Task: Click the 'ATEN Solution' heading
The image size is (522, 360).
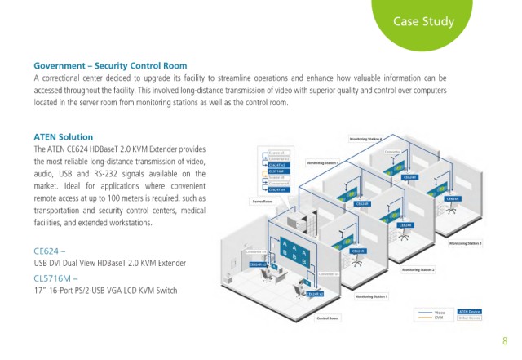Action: click(x=63, y=136)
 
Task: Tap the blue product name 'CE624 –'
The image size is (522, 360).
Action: click(x=51, y=251)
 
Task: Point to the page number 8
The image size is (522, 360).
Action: click(x=505, y=341)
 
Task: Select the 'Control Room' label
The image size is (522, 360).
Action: click(x=327, y=318)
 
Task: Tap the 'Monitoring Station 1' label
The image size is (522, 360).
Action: click(x=372, y=296)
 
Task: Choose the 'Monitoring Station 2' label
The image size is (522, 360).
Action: click(x=418, y=269)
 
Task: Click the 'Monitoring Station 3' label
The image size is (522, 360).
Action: click(x=465, y=243)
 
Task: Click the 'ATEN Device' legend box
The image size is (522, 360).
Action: click(x=471, y=311)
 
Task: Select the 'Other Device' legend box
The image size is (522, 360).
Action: click(x=471, y=317)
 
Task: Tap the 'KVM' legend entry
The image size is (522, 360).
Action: click(x=439, y=317)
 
